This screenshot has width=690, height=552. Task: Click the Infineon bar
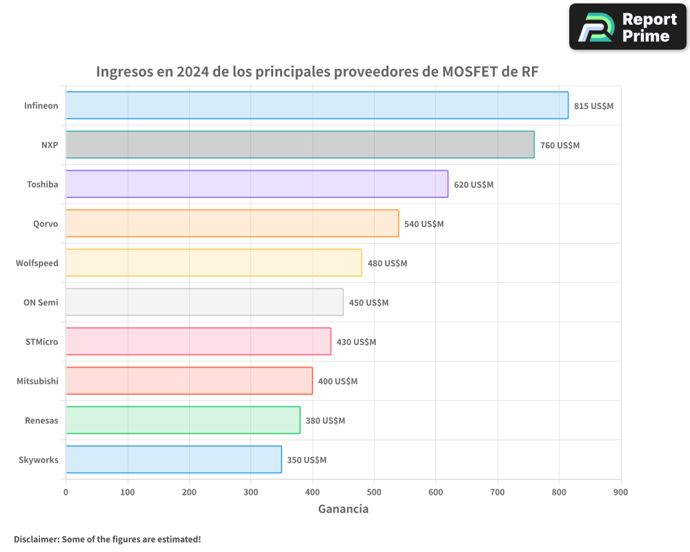[x=317, y=106]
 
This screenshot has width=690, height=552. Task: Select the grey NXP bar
[x=299, y=145]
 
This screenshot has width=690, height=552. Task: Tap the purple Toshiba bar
[x=257, y=184]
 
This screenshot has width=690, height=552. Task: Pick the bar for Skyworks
[x=173, y=460]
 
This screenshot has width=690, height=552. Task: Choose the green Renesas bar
[x=183, y=420]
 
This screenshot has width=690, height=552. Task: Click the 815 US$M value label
[x=593, y=106]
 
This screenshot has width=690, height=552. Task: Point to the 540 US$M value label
[x=424, y=224]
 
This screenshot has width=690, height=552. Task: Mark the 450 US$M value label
[x=368, y=303]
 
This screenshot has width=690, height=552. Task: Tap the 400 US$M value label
[x=337, y=382]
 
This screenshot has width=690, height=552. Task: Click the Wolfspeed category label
[x=37, y=264]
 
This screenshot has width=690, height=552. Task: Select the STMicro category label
[x=41, y=342]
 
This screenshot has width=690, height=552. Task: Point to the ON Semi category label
[x=41, y=303]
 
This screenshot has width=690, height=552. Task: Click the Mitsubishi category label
[x=37, y=382]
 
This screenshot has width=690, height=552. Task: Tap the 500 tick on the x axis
[x=374, y=492]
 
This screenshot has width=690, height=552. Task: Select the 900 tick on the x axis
[x=620, y=492]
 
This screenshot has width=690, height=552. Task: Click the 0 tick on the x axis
[x=66, y=492]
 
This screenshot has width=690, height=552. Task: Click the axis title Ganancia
[x=343, y=509]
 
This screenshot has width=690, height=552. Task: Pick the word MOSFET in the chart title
[x=466, y=72]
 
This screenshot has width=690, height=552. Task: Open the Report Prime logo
[x=627, y=27]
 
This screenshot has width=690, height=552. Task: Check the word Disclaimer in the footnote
[x=36, y=539]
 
